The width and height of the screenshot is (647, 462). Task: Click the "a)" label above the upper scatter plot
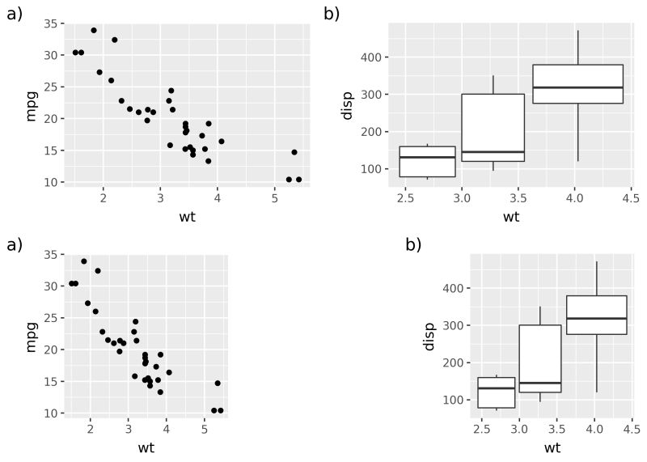15,14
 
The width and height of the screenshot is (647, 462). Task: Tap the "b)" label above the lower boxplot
413,245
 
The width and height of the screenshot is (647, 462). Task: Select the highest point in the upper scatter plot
94,30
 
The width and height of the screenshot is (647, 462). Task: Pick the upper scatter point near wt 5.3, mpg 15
294,152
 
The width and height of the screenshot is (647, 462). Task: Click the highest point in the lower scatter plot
84,261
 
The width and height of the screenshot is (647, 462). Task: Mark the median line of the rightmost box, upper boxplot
577,87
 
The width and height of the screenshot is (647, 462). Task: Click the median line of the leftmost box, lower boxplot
497,388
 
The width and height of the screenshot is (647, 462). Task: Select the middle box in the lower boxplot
540,358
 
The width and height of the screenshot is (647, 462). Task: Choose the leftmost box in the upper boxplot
427,161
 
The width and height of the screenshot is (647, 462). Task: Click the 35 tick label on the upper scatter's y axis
49,23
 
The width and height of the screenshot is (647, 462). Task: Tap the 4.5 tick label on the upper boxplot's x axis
629,197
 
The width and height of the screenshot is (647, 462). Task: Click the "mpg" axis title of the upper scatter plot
32,105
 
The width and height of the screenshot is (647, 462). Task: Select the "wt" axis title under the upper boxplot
511,216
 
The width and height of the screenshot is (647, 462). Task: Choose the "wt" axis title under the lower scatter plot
146,447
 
